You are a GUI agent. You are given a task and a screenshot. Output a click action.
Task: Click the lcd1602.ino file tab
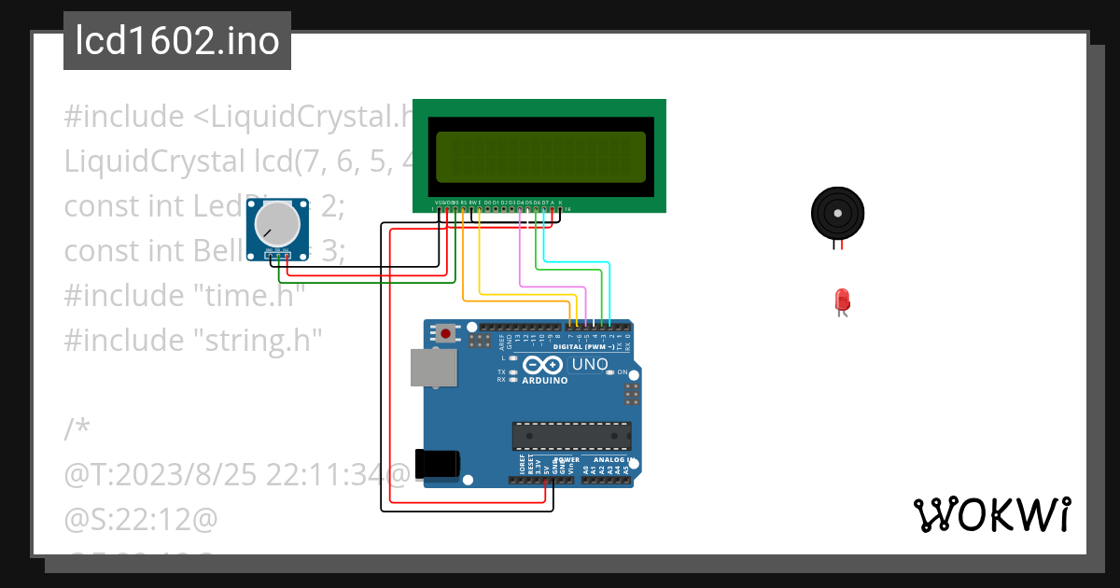(x=176, y=41)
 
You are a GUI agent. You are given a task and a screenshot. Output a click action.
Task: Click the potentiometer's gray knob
(x=277, y=223)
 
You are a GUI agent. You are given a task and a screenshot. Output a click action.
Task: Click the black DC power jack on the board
(x=438, y=464)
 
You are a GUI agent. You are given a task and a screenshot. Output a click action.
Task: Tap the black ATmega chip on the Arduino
(x=570, y=436)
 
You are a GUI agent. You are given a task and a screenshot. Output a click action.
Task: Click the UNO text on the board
(x=590, y=364)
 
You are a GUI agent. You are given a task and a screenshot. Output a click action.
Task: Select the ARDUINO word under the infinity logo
(x=545, y=380)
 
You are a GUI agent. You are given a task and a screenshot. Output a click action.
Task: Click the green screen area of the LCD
(x=539, y=156)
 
